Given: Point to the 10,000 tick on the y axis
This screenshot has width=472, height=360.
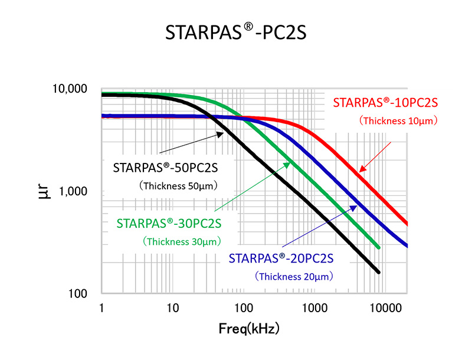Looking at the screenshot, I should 70,89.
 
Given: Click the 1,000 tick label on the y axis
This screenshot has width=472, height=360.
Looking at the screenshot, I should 74,192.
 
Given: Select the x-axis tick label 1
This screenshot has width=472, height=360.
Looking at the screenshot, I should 102,308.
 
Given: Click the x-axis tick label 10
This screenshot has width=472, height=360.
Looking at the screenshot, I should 172,308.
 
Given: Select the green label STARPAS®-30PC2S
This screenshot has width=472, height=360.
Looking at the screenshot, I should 169,224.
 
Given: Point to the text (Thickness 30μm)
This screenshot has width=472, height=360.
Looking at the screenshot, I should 181,241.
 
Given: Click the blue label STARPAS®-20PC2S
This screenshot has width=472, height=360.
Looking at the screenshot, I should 281,258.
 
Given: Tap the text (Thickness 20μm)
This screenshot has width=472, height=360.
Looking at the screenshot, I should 294,276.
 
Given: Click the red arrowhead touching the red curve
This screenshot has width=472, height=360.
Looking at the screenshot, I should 362,169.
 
